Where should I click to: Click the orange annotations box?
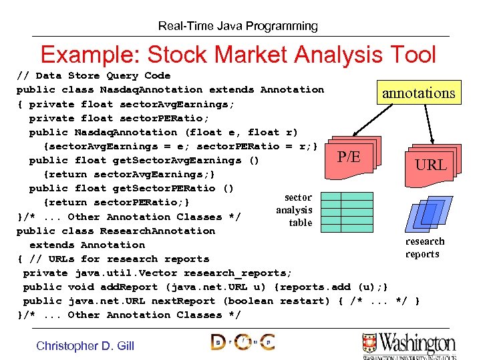click(418, 93)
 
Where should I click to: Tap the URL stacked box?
click(431, 162)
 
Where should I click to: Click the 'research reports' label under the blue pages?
click(424, 248)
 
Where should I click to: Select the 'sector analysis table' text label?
click(295, 211)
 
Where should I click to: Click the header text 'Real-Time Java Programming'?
click(238, 26)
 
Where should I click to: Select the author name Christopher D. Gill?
click(85, 345)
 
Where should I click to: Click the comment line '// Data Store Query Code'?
click(94, 75)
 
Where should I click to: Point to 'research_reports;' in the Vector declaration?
click(238, 273)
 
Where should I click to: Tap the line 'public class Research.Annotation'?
click(116, 231)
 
